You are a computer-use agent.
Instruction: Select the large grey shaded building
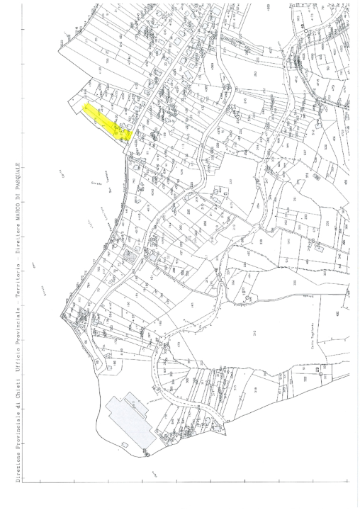132,422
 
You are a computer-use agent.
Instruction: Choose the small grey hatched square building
128,254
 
